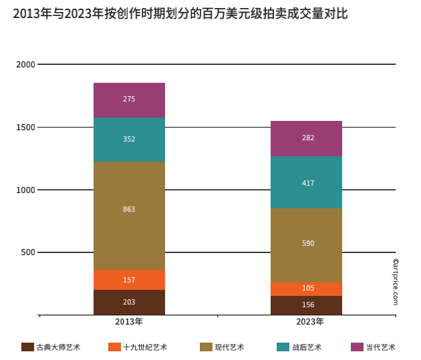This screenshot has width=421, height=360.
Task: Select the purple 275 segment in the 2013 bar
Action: [x=129, y=100]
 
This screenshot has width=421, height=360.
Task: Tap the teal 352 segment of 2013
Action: [x=129, y=139]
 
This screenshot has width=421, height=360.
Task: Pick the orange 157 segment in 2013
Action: [x=129, y=279]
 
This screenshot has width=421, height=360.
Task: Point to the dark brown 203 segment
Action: [x=129, y=302]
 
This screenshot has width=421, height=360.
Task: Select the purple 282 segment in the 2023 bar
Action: [x=306, y=138]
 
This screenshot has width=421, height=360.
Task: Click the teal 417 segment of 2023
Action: [x=306, y=182]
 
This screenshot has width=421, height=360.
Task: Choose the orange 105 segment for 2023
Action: [x=306, y=289]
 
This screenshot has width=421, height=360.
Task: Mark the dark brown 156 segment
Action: [x=306, y=305]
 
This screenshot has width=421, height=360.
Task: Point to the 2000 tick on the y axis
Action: [x=25, y=65]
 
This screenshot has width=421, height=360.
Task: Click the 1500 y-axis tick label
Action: [x=25, y=128]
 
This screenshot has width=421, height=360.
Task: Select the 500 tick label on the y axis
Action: [x=27, y=252]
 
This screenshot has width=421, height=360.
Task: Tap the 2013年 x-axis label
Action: [x=129, y=323]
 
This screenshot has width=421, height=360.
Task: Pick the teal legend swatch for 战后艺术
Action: [x=282, y=347]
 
